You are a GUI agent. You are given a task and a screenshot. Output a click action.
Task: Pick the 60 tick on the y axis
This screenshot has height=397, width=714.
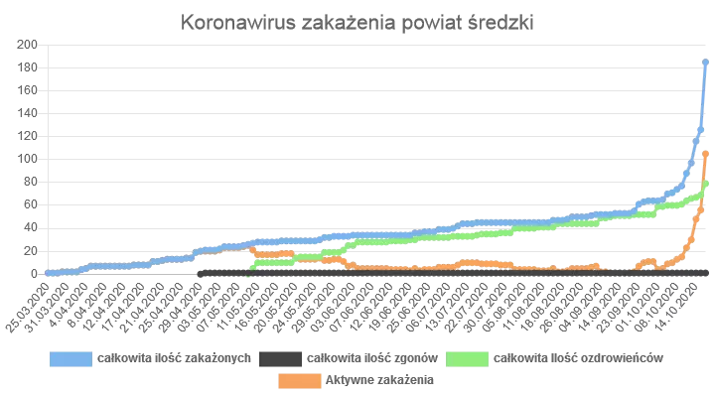(30, 204)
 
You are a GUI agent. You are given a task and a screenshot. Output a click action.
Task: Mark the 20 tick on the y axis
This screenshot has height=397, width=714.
(30, 250)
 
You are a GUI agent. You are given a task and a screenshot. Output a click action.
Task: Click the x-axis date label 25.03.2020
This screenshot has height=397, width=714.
(28, 304)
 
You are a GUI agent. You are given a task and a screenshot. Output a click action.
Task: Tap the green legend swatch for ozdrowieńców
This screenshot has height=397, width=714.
(468, 356)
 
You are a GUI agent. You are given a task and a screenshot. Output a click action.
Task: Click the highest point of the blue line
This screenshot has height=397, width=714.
(705, 62)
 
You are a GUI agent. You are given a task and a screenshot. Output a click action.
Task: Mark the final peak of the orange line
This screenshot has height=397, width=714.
(705, 154)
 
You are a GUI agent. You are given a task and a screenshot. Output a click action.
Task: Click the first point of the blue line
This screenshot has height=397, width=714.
(47, 272)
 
